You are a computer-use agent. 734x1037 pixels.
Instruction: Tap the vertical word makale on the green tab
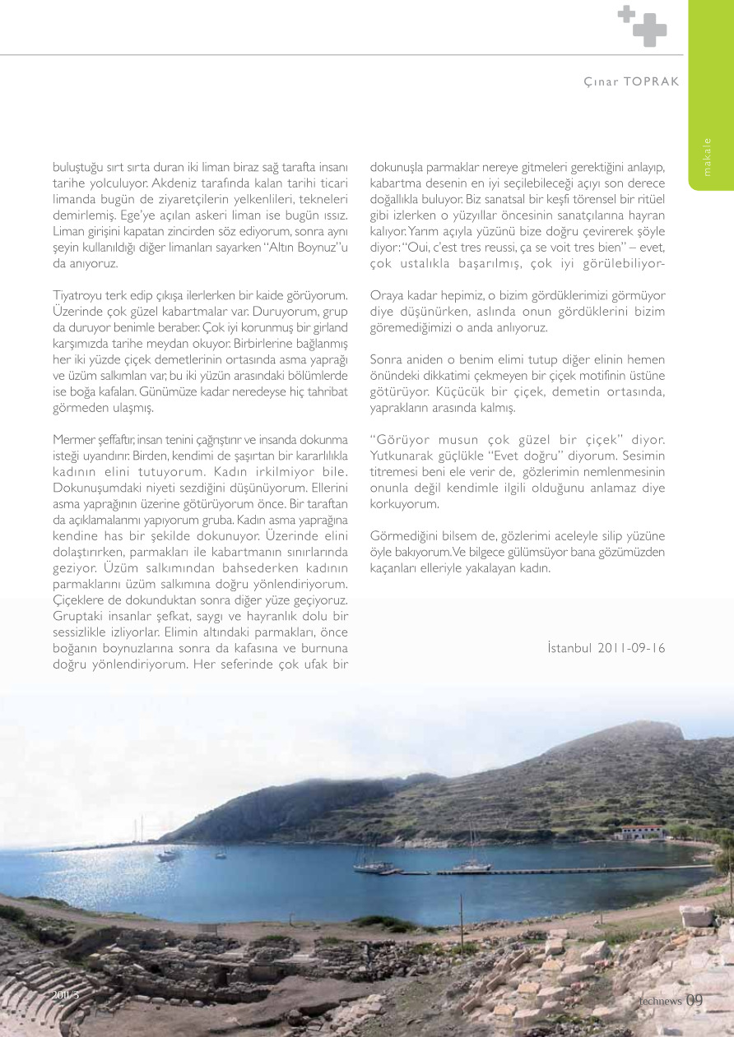(x=708, y=157)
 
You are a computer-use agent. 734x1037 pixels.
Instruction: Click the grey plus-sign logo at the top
(x=642, y=25)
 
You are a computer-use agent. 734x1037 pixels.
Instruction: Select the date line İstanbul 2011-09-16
(x=606, y=648)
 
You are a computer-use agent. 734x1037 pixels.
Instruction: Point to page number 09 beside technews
(x=695, y=1000)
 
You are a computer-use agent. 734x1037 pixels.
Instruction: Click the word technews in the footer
(x=661, y=1001)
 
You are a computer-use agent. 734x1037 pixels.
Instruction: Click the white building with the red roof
(x=640, y=832)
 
